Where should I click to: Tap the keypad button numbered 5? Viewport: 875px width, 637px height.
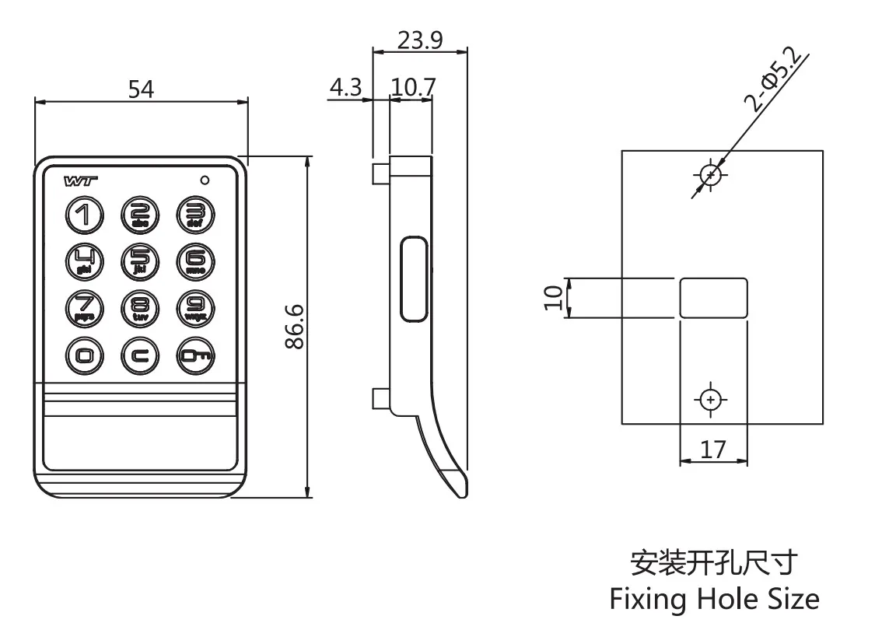click(140, 260)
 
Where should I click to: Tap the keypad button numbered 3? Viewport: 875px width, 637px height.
click(194, 215)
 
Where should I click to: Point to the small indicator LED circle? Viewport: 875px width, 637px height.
click(205, 180)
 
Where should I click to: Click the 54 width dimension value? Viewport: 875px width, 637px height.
click(141, 89)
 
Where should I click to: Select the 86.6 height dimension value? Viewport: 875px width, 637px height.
click(294, 327)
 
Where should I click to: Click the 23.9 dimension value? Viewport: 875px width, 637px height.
click(420, 40)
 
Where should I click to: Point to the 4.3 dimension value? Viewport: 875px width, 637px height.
click(345, 88)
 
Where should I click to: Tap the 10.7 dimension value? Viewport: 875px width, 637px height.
click(412, 88)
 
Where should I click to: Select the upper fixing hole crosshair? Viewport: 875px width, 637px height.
click(709, 175)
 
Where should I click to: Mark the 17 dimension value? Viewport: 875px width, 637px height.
click(713, 449)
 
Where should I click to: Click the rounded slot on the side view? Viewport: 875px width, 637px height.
click(414, 280)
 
